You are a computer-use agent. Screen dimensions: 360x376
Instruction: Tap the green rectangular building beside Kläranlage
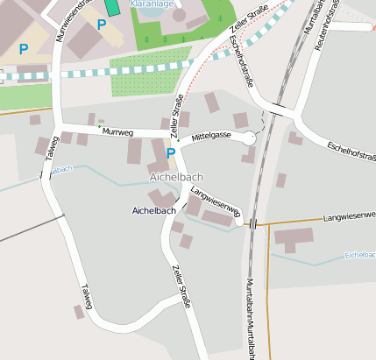(111, 5)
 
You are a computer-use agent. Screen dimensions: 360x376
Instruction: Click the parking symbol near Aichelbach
(170, 153)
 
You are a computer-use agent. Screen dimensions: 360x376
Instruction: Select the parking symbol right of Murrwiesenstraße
(101, 25)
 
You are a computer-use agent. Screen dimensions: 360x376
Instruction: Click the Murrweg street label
(117, 131)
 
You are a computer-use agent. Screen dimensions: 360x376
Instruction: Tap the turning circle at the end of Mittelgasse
(249, 138)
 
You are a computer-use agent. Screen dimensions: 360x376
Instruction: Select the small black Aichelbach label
(153, 210)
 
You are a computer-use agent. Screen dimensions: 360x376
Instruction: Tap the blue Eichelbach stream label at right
(359, 254)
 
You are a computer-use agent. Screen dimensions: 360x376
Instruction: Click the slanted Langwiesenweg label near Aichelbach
(215, 200)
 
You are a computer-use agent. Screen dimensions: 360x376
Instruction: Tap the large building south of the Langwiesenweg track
(293, 237)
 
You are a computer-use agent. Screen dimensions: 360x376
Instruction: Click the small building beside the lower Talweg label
(78, 312)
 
